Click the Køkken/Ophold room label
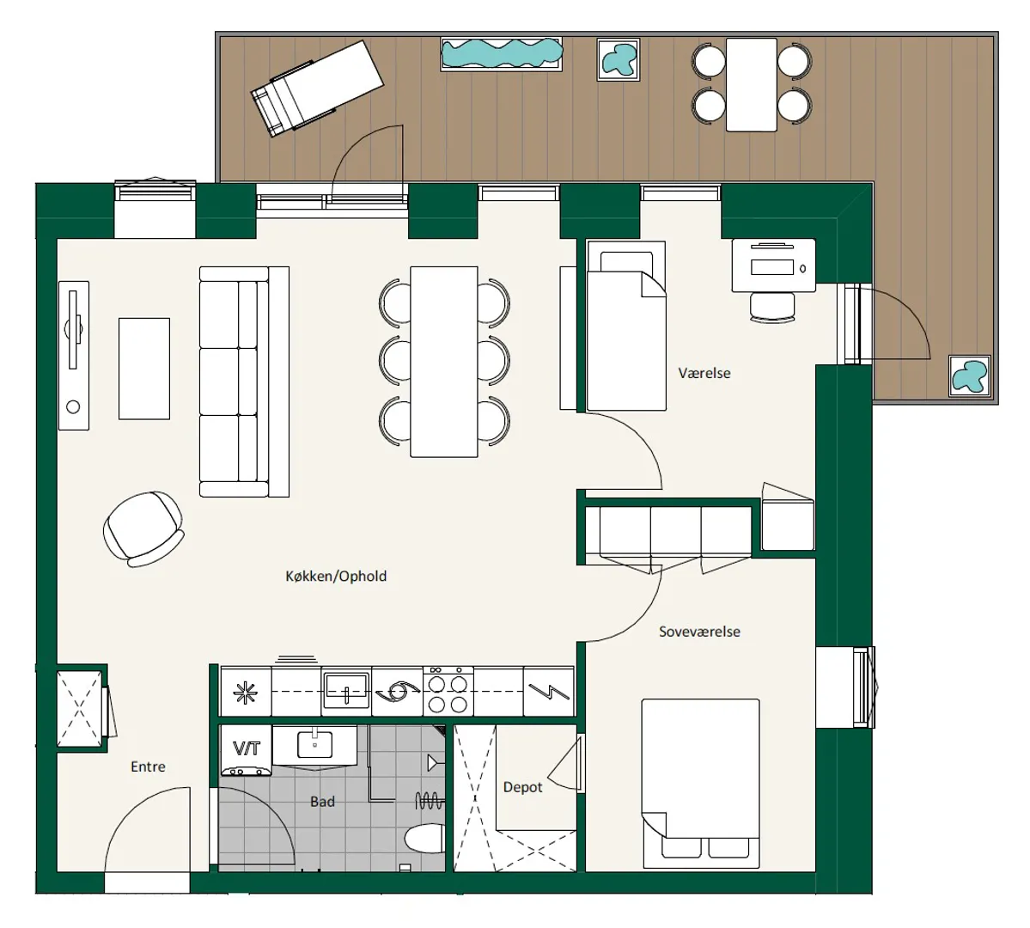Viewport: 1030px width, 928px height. point(336,577)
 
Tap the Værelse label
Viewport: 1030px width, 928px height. point(704,373)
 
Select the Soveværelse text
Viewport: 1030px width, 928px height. point(699,632)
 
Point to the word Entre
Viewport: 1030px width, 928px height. point(148,766)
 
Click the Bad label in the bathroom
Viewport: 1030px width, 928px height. point(322,802)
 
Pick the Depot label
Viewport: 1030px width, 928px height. point(523,787)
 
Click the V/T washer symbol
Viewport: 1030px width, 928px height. point(247,750)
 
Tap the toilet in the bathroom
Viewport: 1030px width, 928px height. point(424,839)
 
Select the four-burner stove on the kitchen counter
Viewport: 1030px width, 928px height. point(448,692)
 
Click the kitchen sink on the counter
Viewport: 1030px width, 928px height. point(347,691)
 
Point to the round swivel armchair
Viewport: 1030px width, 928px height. point(143,529)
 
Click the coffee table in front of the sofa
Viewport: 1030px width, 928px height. point(144,369)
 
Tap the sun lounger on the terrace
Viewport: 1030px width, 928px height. point(317,88)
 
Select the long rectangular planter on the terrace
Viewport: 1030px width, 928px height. point(502,53)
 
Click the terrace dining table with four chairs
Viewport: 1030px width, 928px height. point(752,85)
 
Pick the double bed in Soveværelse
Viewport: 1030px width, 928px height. point(701,784)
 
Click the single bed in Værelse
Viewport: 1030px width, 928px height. point(626,326)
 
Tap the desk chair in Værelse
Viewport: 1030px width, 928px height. point(772,307)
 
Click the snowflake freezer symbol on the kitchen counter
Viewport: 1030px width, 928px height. point(247,692)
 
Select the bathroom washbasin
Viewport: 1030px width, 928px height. point(315,746)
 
